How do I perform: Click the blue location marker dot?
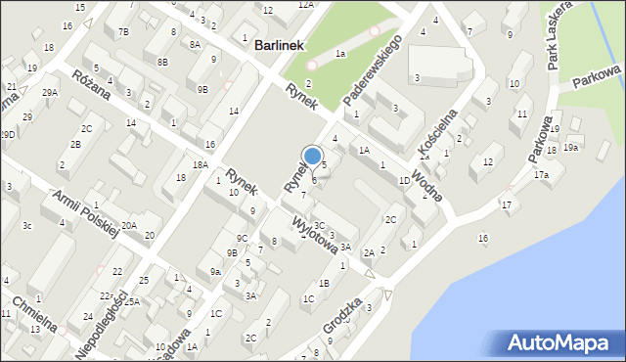[x=313, y=155]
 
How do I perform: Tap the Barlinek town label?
[x=280, y=45]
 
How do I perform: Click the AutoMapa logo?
[x=561, y=342]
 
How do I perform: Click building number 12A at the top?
[x=306, y=5]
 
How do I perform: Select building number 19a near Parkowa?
[x=570, y=148]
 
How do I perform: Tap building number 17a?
[x=541, y=174]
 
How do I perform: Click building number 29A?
[x=50, y=92]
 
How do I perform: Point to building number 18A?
[x=201, y=165]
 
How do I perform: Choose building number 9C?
[x=241, y=238]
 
